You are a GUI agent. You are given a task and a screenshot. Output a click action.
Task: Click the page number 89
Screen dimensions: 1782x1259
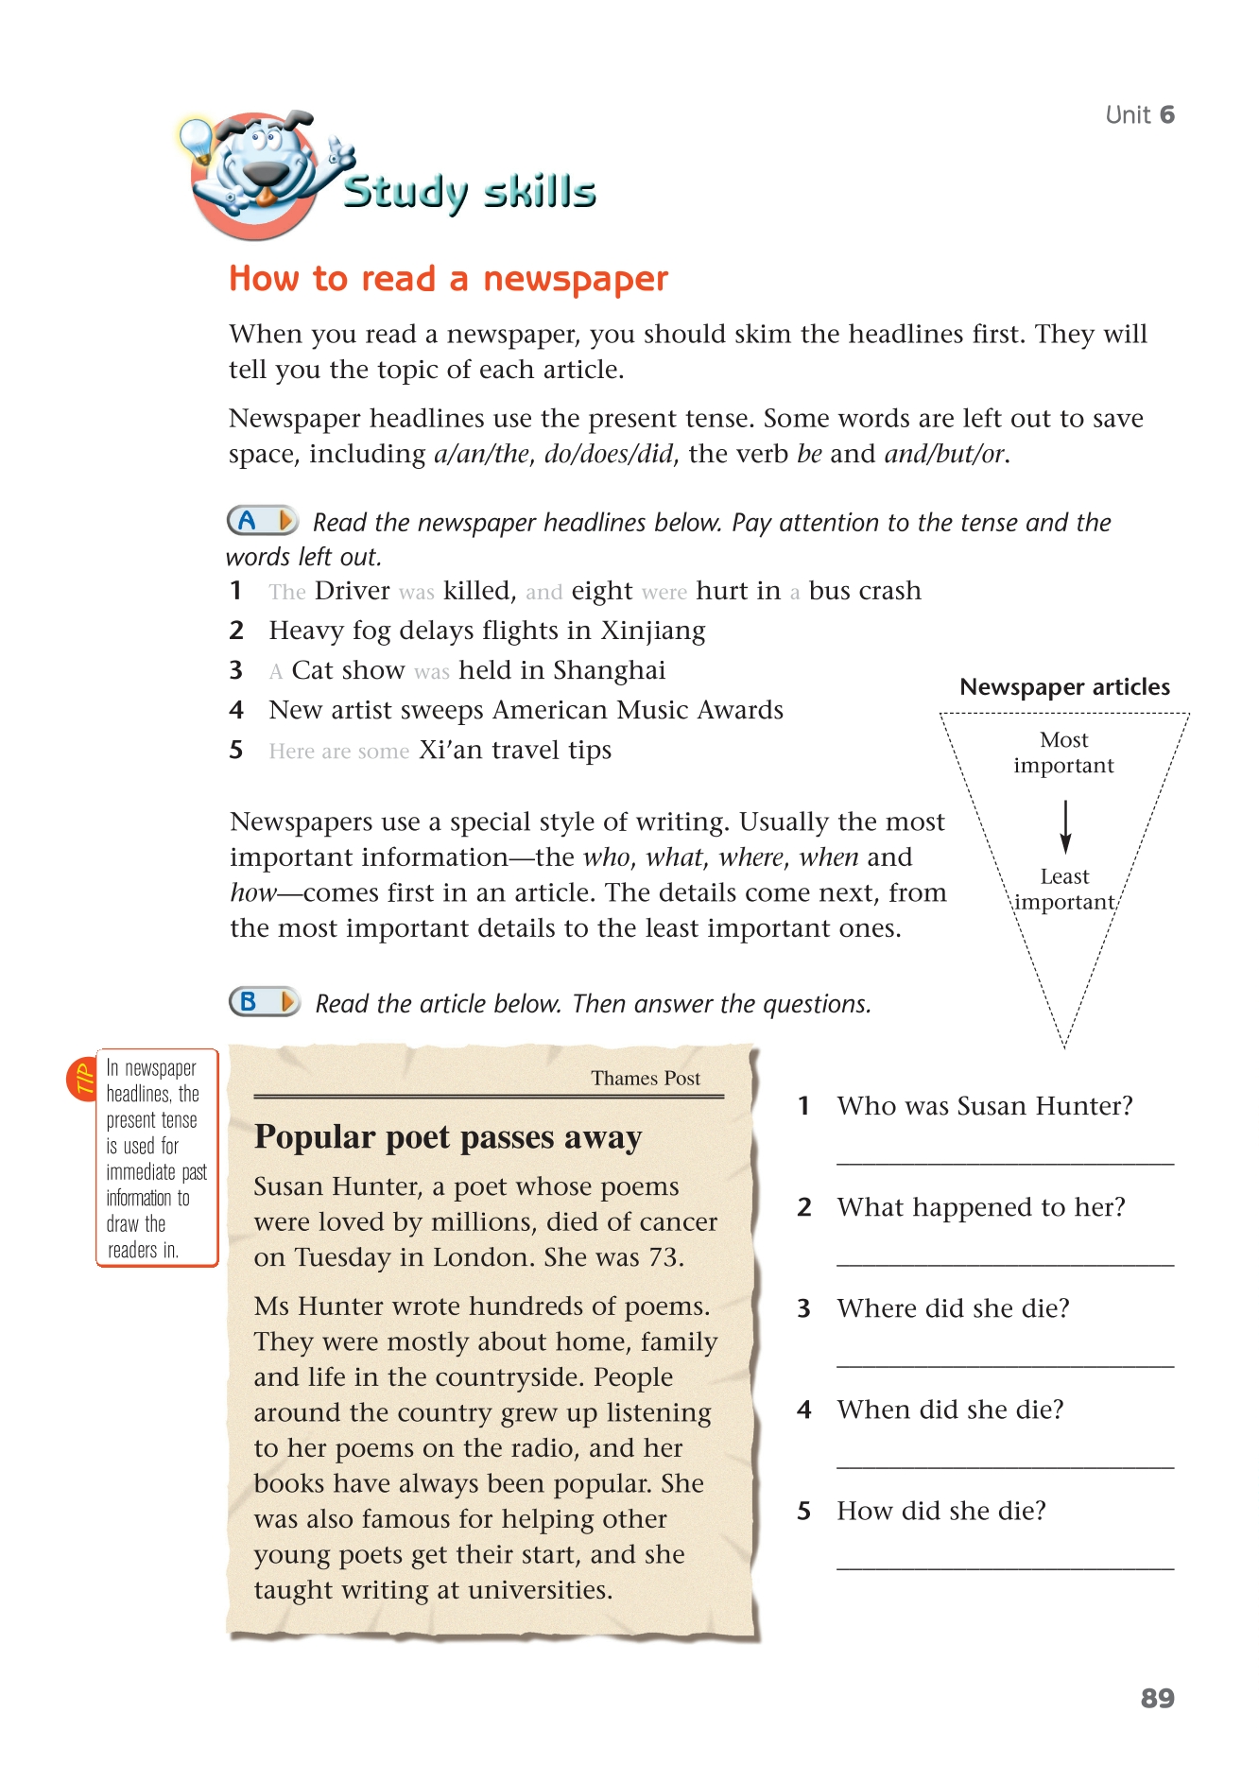[x=1157, y=1698]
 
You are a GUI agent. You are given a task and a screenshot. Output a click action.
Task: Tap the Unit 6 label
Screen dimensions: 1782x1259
[x=1139, y=115]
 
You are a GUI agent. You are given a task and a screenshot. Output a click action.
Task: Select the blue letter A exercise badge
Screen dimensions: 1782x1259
[x=262, y=520]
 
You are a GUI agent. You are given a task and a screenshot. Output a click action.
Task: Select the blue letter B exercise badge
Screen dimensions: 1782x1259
[x=264, y=1001]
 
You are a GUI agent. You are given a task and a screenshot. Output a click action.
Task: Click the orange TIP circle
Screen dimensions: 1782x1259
[x=81, y=1079]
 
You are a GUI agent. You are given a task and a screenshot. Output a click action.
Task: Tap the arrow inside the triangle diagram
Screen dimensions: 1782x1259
[x=1065, y=826]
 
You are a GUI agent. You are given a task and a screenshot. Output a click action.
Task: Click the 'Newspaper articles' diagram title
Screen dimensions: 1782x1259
[x=1064, y=687]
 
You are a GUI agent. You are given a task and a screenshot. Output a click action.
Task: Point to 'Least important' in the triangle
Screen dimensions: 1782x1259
[x=1064, y=890]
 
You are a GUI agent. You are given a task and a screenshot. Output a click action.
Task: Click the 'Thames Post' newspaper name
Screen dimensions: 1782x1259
[x=646, y=1079]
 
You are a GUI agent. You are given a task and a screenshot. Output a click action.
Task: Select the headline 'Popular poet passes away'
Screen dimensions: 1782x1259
[x=448, y=1137]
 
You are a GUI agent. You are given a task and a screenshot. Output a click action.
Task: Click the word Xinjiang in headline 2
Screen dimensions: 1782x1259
[x=653, y=631]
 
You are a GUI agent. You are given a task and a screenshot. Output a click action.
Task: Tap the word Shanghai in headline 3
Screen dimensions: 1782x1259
[x=609, y=670]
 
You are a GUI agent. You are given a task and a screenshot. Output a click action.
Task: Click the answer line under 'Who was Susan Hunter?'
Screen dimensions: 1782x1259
[x=1005, y=1162]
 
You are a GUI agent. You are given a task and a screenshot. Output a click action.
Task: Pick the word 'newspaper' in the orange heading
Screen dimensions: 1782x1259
[x=575, y=280]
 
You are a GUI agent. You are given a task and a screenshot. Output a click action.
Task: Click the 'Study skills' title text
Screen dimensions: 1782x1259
[x=469, y=193]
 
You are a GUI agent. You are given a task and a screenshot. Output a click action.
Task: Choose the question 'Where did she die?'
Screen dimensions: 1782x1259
[x=953, y=1308]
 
